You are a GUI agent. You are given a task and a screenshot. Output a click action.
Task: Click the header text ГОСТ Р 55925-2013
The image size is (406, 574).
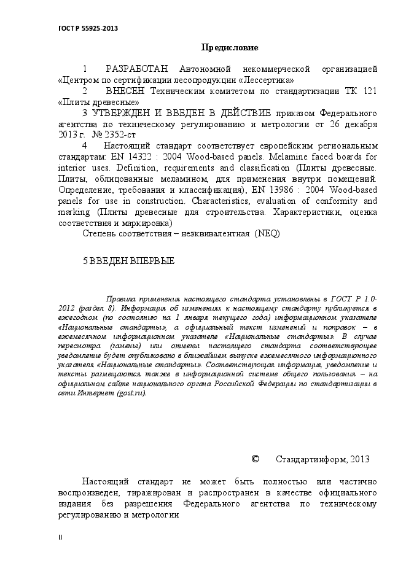pyautogui.click(x=88, y=28)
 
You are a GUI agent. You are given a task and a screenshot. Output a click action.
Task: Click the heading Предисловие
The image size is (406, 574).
pyautogui.click(x=230, y=48)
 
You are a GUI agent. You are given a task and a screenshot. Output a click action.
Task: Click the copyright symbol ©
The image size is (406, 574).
pyautogui.click(x=256, y=459)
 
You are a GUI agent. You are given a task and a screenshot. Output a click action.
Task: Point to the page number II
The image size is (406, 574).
pyautogui.click(x=60, y=537)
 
